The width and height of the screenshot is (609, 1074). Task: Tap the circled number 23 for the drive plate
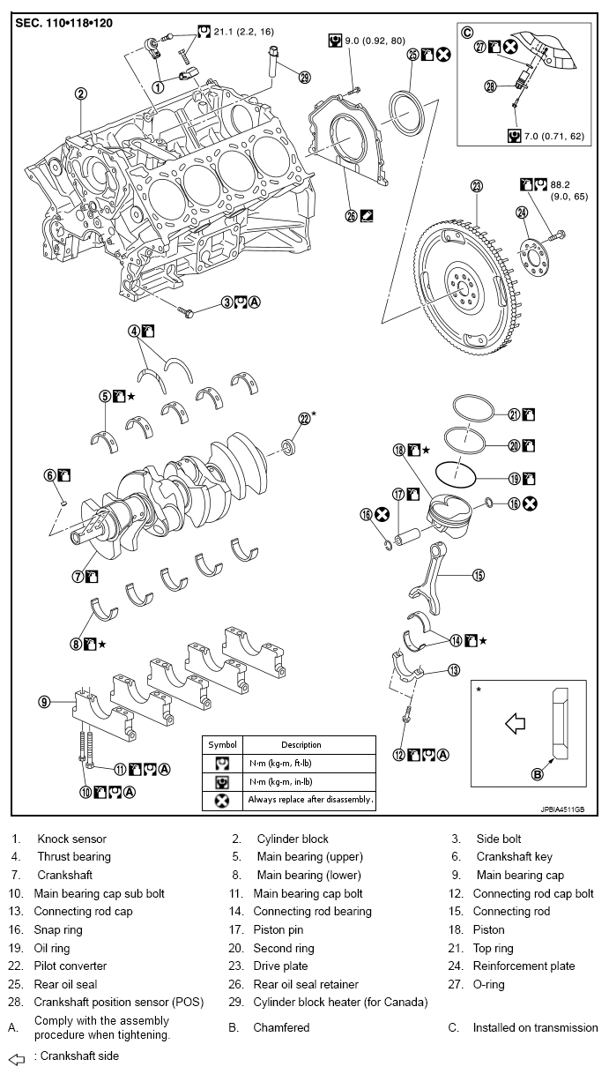477,186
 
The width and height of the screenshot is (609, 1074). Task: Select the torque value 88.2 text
561,184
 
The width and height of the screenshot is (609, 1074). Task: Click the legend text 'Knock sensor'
71,839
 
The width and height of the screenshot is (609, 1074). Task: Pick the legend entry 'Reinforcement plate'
524,966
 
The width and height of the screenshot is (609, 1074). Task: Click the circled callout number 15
479,576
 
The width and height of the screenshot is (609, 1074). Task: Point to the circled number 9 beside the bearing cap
44,703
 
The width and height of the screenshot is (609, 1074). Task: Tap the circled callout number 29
305,77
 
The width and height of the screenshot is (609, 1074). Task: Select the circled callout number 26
352,215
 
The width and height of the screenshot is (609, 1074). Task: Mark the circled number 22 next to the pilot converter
304,419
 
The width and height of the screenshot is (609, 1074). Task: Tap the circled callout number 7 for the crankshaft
78,576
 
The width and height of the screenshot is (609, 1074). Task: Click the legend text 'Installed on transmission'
535,1027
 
